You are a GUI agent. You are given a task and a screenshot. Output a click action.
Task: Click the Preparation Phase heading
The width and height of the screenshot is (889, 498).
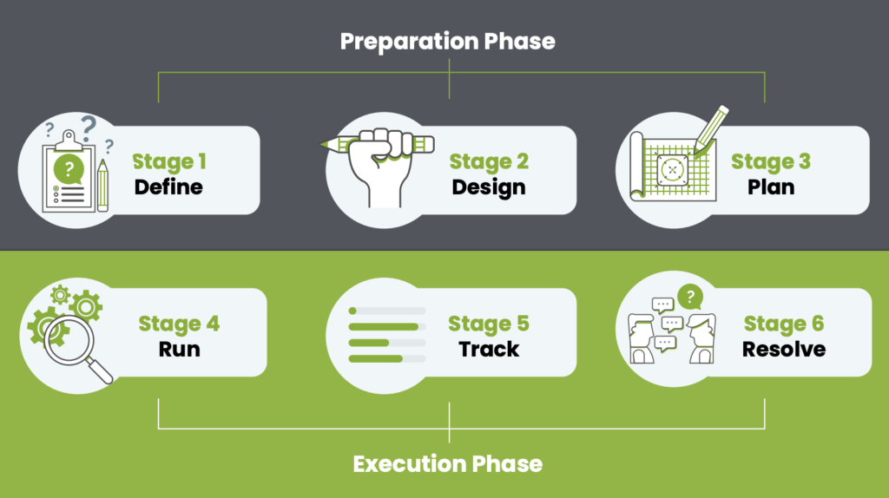click(x=447, y=41)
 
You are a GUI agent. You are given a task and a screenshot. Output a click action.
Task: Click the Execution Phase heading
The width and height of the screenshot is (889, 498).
click(x=447, y=463)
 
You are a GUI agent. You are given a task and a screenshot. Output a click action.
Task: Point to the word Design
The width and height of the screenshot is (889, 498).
click(x=488, y=187)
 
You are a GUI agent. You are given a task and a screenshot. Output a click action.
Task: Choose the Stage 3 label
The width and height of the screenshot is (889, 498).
click(x=770, y=161)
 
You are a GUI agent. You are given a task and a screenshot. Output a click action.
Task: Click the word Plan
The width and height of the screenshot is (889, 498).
click(x=770, y=187)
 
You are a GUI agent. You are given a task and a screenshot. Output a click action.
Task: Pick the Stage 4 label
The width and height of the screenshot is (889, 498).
click(x=179, y=324)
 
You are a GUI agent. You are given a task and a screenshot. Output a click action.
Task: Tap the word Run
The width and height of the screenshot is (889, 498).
click(x=179, y=349)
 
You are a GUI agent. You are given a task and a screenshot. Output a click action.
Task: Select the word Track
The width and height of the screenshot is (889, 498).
click(x=489, y=349)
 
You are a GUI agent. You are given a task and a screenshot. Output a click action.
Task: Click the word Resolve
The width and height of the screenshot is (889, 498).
click(x=783, y=349)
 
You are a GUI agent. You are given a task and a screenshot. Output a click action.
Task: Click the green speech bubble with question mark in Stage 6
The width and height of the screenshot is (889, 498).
click(x=690, y=297)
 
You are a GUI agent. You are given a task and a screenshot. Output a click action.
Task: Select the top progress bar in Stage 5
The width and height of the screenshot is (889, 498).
click(x=386, y=310)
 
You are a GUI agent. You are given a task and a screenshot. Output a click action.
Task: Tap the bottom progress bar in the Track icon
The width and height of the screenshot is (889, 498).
click(x=386, y=358)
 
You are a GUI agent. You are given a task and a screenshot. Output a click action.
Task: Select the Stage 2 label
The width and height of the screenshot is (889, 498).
click(x=488, y=161)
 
